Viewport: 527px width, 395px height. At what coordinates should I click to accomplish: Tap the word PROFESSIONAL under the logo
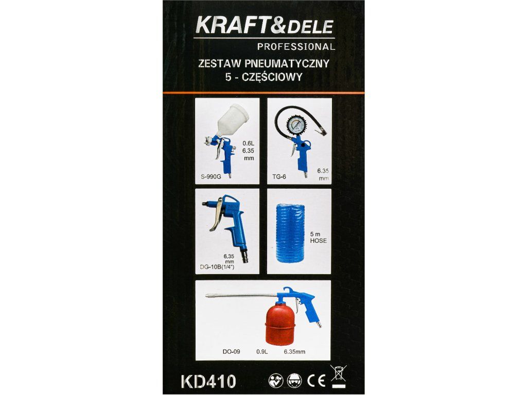point(296,47)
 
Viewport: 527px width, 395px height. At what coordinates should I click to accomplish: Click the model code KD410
point(208,381)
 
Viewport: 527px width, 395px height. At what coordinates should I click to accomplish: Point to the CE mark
point(317,381)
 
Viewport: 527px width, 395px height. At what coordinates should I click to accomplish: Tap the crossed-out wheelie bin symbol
point(338,376)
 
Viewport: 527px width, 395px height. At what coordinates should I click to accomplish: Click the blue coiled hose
point(290,233)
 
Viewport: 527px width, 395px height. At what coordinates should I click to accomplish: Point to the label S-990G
point(211,177)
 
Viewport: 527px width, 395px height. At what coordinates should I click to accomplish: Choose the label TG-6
point(279,177)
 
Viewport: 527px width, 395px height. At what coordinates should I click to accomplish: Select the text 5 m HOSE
point(318,238)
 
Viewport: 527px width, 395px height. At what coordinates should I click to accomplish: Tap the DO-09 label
point(231,352)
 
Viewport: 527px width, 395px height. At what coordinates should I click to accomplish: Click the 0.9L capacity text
point(262,352)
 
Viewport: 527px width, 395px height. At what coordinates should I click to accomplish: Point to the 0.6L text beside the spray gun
point(249,143)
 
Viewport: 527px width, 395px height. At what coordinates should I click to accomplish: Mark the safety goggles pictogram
point(295,381)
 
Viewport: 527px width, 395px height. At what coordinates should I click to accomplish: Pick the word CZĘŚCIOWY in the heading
point(271,77)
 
